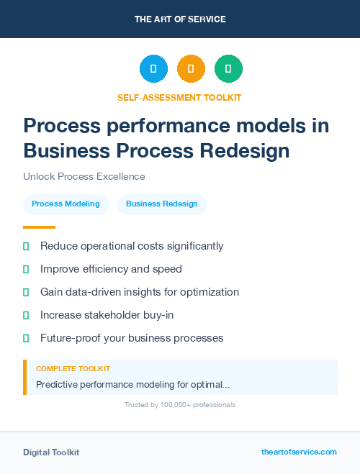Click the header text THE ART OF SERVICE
click(x=180, y=19)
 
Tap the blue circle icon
click(x=153, y=68)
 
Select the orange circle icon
click(x=191, y=68)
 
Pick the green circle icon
click(x=228, y=68)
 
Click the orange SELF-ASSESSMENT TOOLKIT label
click(x=180, y=97)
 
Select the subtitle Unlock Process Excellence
click(x=84, y=176)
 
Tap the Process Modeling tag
click(x=66, y=204)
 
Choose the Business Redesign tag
click(x=161, y=204)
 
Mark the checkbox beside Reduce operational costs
click(x=26, y=246)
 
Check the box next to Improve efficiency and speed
click(x=26, y=269)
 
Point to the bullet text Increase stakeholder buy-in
click(x=107, y=315)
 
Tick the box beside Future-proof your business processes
click(x=26, y=338)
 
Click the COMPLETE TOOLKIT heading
click(x=73, y=368)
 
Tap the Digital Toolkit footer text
click(x=51, y=452)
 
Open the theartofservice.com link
click(x=299, y=452)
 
